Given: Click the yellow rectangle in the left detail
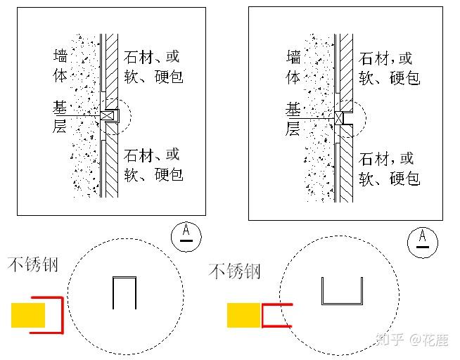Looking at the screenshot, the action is tap(28, 315).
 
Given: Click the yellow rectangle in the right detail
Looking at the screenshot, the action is tap(244, 315).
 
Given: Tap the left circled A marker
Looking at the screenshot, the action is tap(186, 233).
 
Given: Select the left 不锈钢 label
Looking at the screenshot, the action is tap(33, 265).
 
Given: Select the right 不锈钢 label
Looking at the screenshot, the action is tap(235, 271).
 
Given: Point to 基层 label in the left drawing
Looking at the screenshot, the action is tap(61, 117).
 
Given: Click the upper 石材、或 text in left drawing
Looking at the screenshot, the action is tap(152, 56).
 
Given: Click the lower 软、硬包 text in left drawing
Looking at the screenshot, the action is tap(153, 173).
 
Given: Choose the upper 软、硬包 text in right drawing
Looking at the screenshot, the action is tap(389, 77).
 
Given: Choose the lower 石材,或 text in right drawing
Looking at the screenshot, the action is tap(387, 158).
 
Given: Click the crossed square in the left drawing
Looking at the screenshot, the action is tap(107, 115).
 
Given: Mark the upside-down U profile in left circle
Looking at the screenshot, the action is tap(124, 292).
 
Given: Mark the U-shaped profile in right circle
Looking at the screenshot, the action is tap(342, 292).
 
